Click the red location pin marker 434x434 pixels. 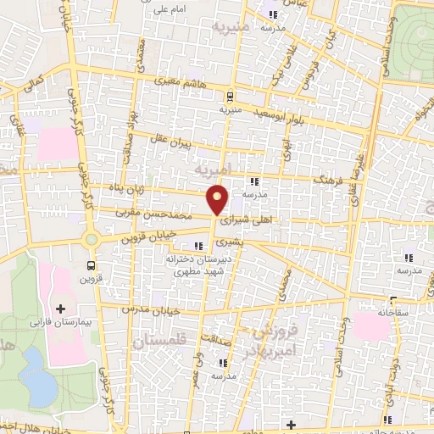point(219,199)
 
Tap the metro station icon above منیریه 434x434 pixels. point(231,95)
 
